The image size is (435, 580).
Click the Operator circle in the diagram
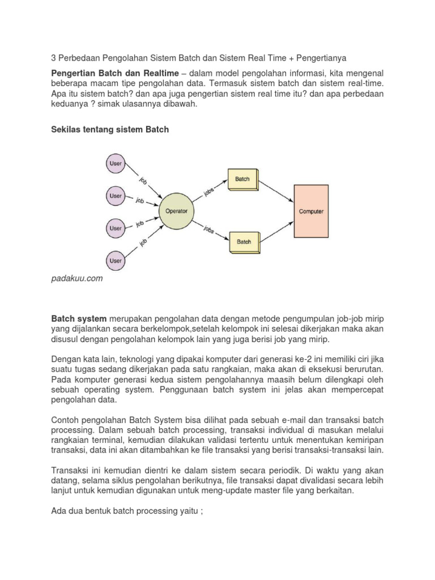click(x=176, y=211)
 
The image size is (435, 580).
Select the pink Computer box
click(x=311, y=211)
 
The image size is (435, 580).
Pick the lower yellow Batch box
click(x=244, y=242)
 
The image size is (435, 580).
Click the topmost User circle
click(x=116, y=164)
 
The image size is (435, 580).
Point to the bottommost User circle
click(x=116, y=261)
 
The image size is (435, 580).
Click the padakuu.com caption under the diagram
click(x=77, y=278)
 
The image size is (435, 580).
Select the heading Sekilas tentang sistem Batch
click(x=110, y=130)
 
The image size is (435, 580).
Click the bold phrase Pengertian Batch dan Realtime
click(x=115, y=74)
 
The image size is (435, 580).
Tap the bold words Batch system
click(x=79, y=319)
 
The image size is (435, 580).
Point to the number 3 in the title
click(x=54, y=58)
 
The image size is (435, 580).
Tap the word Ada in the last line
click(x=59, y=511)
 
